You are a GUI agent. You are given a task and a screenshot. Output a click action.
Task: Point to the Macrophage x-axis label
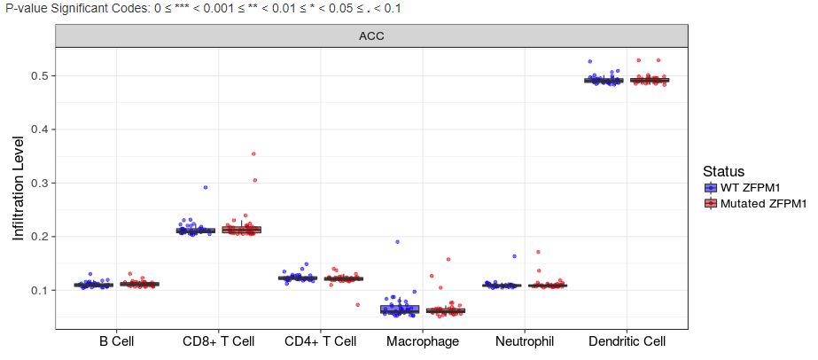pyautogui.click(x=423, y=340)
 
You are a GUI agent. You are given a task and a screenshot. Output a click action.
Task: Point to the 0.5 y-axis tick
pyautogui.click(x=39, y=76)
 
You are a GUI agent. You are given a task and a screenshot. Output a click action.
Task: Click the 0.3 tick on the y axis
pyautogui.click(x=39, y=184)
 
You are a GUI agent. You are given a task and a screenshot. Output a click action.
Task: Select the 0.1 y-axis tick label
pyautogui.click(x=39, y=291)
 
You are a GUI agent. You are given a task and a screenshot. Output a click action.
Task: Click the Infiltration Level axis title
pyautogui.click(x=19, y=188)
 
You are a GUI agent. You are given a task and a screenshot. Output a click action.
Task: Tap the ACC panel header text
pyautogui.click(x=370, y=36)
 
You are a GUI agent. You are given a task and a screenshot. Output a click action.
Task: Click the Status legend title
pyautogui.click(x=723, y=171)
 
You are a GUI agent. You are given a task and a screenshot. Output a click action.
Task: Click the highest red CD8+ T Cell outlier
pyautogui.click(x=253, y=154)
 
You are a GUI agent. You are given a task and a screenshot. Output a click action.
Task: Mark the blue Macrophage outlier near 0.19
pyautogui.click(x=397, y=241)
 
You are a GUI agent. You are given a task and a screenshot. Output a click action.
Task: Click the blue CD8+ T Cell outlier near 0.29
pyautogui.click(x=205, y=188)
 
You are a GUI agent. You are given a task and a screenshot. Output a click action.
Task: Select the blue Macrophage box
pyautogui.click(x=399, y=309)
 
